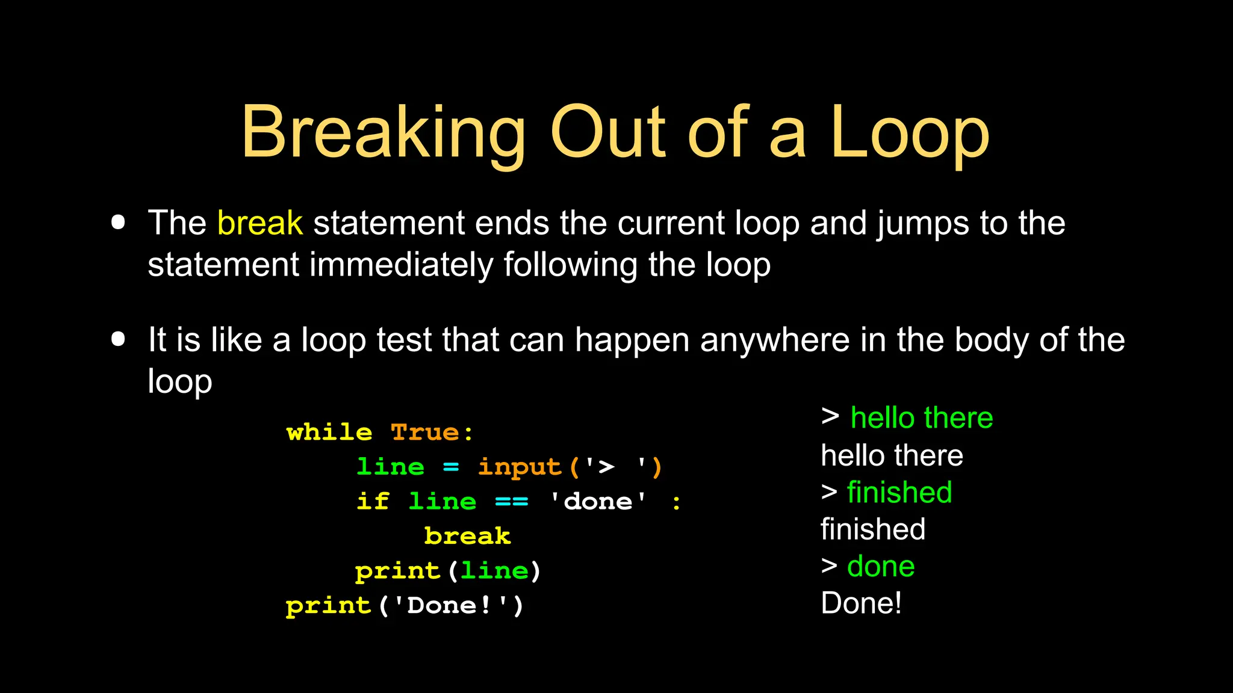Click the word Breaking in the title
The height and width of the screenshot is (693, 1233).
[384, 133]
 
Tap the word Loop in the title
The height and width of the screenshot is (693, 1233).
[910, 133]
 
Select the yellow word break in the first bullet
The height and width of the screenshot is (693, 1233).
[259, 223]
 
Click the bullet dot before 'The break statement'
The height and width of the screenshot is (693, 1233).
[119, 223]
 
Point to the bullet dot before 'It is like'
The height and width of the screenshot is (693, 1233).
[119, 339]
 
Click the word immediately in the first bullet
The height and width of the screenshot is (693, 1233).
[401, 265]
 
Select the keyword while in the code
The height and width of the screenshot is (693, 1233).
[329, 433]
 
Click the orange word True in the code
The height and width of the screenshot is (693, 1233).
[425, 433]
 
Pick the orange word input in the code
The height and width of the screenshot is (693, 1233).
[520, 467]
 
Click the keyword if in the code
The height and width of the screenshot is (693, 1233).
[373, 501]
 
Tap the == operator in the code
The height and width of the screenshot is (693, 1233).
[511, 501]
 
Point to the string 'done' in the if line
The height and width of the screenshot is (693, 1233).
[598, 501]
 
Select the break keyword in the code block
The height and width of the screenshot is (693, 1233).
[467, 536]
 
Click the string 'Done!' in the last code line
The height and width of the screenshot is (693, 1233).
[450, 605]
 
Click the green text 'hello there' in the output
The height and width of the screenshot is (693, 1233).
[921, 417]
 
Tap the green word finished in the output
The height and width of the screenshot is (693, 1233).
[899, 492]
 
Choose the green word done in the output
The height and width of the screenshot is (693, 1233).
[881, 566]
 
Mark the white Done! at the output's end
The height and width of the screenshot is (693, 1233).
[861, 603]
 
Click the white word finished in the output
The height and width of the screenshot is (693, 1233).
[873, 529]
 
